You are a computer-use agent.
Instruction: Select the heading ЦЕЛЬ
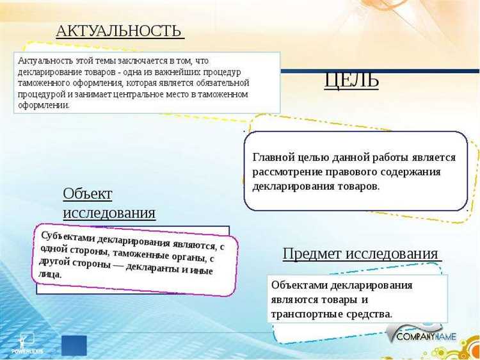tap(351, 79)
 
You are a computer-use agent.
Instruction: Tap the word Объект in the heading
tap(87, 193)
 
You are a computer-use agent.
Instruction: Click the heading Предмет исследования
tap(360, 253)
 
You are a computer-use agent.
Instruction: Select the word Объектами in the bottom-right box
tap(298, 285)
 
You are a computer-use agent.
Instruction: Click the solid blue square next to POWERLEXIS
tap(74, 345)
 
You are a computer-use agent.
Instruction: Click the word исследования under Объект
tap(109, 213)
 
